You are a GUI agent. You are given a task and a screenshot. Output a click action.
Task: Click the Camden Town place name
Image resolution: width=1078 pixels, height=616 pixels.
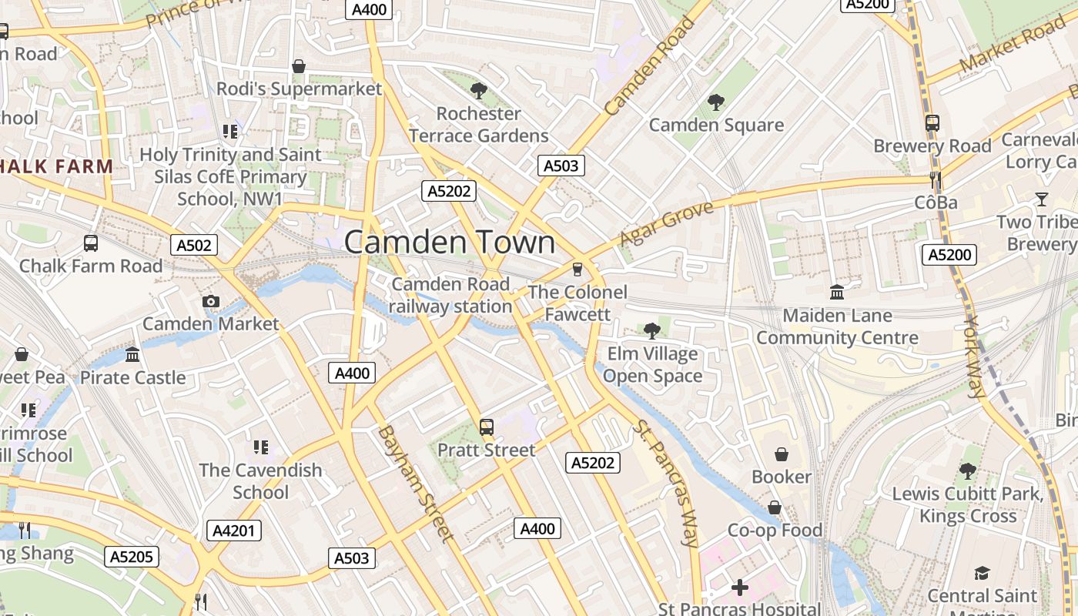449,242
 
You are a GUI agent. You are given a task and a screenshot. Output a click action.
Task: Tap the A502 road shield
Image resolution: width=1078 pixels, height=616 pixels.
193,245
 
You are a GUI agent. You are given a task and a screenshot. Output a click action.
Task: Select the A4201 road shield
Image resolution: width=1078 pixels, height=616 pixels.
234,531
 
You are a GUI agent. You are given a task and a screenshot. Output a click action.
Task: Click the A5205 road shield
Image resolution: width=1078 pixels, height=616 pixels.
132,557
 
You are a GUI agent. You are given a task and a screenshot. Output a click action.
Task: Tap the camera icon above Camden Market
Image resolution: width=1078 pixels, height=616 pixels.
210,302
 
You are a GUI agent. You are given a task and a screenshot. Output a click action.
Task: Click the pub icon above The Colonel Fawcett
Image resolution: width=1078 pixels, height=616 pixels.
577,269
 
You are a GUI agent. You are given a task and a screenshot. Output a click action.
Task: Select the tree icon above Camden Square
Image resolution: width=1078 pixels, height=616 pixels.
716,102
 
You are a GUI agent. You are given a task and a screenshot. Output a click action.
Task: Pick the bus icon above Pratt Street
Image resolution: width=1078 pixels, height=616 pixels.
486,427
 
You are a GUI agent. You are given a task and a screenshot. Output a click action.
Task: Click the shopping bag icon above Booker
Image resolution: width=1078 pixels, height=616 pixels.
782,454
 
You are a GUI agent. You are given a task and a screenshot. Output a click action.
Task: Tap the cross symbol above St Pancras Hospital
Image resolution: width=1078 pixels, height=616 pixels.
740,588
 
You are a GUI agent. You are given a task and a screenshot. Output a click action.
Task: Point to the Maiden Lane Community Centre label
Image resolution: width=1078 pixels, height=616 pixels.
837,326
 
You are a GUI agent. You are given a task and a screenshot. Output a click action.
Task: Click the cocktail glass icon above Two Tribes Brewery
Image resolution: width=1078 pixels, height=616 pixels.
1041,199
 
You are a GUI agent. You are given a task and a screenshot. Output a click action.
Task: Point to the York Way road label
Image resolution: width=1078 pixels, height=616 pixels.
976,357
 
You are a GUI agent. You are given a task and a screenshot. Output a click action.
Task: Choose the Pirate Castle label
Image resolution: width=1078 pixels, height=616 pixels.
133,377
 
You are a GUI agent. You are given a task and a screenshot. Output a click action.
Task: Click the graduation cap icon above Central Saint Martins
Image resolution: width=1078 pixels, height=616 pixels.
982,574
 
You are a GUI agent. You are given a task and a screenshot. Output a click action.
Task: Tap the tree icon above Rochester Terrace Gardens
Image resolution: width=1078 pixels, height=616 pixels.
478,91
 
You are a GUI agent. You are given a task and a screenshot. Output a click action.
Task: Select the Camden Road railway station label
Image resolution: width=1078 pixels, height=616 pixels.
450,295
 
